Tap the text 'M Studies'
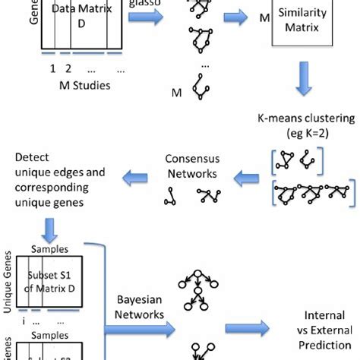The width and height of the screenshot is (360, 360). [x=86, y=84]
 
